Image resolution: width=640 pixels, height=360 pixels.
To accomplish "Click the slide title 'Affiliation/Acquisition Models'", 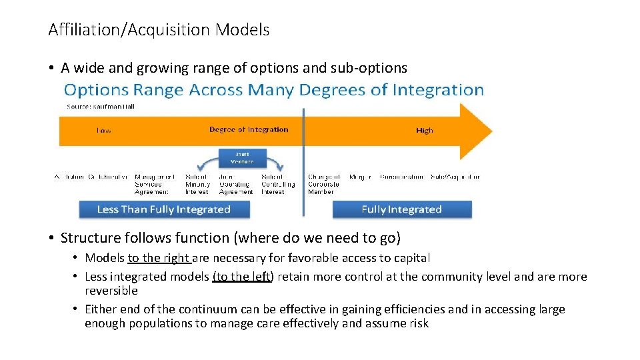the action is pos(159,30).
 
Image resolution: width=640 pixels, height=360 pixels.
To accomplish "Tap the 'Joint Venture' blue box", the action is pos(242,157).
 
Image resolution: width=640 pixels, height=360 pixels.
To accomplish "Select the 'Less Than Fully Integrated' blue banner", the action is pos(164,209).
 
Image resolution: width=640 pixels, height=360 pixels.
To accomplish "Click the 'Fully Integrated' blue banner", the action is pos(401,209).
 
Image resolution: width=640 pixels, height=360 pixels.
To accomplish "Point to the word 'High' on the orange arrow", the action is pos(424,131).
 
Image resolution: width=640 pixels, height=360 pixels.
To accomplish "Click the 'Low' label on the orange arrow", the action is pos(104,131).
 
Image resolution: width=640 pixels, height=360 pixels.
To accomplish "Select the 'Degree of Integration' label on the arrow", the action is pos(249,129).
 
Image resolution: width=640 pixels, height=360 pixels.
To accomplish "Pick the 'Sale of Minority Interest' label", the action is pos(197,184).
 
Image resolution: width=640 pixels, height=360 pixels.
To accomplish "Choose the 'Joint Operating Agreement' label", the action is pos(236,184).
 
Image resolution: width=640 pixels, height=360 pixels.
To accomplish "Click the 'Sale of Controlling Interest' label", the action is pos(273,184).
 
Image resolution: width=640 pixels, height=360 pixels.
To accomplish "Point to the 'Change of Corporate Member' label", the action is pos(324,184).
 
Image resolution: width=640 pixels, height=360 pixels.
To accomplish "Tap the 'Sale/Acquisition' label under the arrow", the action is pos(455,177).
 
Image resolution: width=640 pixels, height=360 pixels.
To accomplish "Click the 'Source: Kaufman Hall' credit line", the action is pos(101,106).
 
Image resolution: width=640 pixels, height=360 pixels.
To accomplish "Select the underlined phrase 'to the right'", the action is pos(159,258).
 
